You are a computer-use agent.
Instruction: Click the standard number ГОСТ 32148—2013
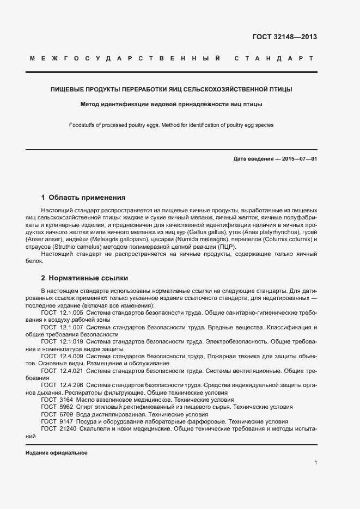coord(285,38)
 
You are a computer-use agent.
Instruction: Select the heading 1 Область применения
coord(83,197)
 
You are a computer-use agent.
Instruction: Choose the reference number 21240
coord(68,429)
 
